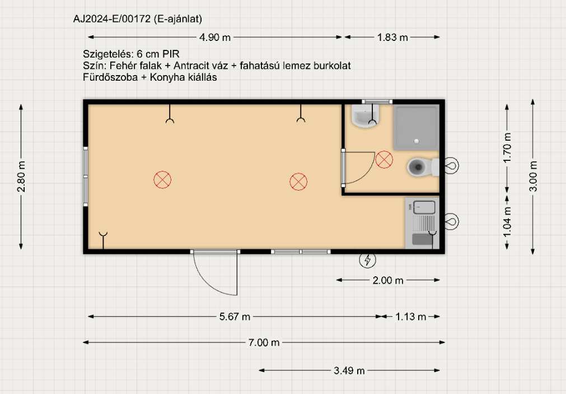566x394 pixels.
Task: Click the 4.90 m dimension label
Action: coord(215,37)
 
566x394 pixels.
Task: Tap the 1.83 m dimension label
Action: coord(392,37)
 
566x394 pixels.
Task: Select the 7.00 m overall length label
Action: coord(264,342)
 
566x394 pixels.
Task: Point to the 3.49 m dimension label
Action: coord(349,370)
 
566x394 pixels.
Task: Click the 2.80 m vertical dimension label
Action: coord(21,177)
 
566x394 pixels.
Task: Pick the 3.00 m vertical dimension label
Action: coord(533,176)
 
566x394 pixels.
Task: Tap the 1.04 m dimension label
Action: coord(507,222)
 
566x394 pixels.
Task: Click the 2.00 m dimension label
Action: coord(388,280)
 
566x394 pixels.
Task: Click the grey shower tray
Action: coord(416,127)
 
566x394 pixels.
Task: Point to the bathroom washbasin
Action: coord(366,115)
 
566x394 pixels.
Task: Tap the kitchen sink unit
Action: coord(422,223)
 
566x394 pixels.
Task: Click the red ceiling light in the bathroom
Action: coord(384,159)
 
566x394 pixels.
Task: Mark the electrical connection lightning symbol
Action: coord(367,259)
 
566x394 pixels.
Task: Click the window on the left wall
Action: coord(86,177)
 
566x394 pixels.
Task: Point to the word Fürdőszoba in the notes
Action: coord(110,77)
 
